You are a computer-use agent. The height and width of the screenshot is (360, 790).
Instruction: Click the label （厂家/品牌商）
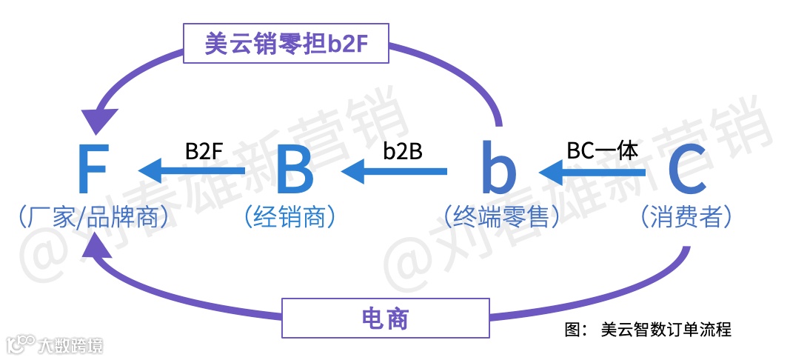[93, 217]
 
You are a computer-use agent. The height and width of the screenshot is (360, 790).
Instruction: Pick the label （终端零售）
[501, 217]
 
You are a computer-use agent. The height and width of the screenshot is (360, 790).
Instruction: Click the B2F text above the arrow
[204, 151]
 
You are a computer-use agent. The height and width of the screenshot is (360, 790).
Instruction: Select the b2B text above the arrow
[403, 151]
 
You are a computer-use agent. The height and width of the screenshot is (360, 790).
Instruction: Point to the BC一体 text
[602, 150]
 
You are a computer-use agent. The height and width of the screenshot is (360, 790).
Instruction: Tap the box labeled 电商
[385, 318]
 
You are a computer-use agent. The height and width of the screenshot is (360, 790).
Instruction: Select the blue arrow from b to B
[394, 172]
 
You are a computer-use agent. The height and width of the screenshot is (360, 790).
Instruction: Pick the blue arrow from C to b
[592, 173]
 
